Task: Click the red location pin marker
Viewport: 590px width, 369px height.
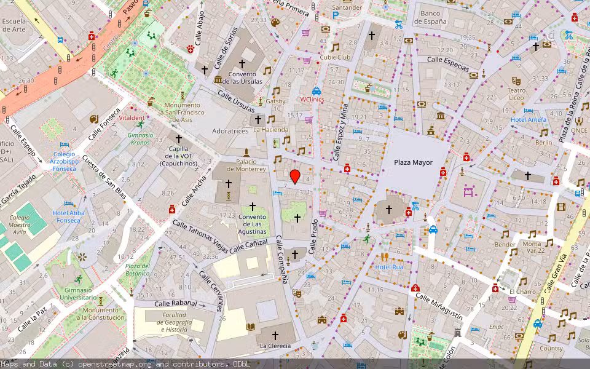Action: [295, 177]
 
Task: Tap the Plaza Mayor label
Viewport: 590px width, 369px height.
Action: [413, 163]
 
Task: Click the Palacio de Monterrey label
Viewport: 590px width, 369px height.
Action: [246, 165]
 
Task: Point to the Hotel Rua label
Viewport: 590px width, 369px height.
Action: [389, 267]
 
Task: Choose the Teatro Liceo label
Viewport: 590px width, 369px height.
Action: [516, 94]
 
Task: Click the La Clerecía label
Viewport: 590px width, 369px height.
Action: [274, 346]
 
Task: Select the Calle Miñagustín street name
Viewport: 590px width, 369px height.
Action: [439, 306]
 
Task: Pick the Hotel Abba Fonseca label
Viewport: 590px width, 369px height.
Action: [68, 216]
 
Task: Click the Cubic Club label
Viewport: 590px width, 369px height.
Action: [335, 57]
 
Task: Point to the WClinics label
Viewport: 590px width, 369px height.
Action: [312, 99]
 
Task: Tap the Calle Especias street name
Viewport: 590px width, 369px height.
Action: [448, 63]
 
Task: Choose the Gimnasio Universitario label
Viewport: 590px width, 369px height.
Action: [78, 294]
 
